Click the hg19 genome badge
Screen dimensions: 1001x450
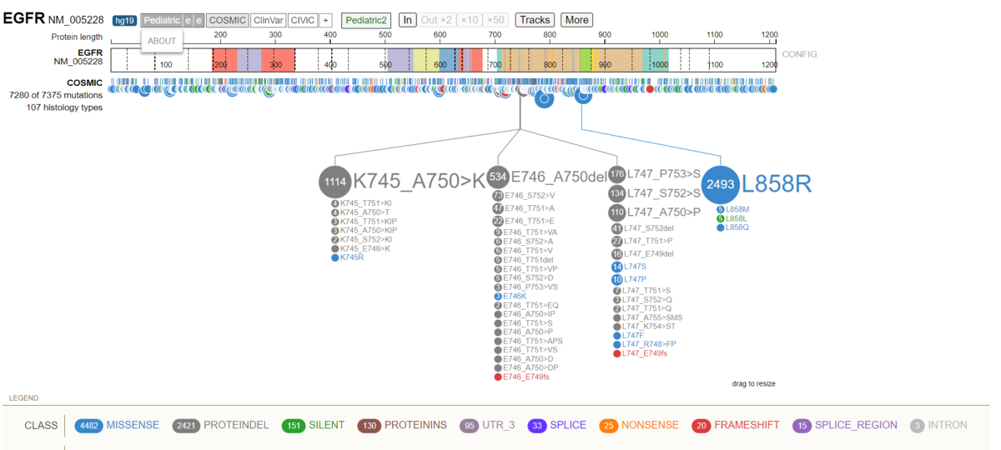(x=124, y=20)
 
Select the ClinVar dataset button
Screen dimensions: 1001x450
(x=268, y=20)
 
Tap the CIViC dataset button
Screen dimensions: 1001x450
(x=303, y=20)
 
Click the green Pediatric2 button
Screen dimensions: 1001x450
(x=366, y=20)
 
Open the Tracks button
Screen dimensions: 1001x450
(x=535, y=20)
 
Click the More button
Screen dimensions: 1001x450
(x=576, y=20)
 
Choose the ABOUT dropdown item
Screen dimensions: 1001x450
(x=162, y=41)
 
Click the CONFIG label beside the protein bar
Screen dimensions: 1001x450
(x=799, y=54)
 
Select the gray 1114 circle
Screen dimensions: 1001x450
(x=335, y=182)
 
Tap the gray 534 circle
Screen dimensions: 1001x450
(x=498, y=177)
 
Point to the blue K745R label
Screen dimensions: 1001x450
(x=351, y=257)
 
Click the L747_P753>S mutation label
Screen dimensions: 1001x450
(x=664, y=174)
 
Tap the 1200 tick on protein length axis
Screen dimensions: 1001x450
(x=769, y=36)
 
